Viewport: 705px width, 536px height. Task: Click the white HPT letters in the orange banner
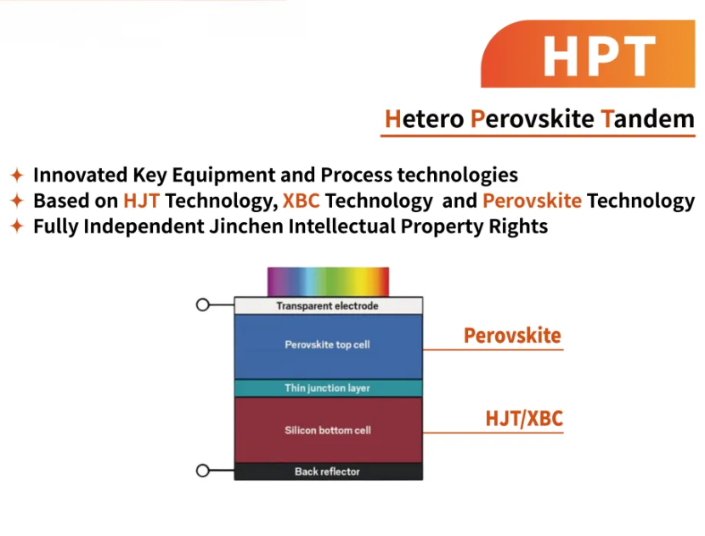(599, 56)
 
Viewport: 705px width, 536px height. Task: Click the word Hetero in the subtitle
(425, 119)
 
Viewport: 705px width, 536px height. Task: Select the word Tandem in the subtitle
(647, 119)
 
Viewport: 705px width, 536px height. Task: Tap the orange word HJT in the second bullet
(141, 201)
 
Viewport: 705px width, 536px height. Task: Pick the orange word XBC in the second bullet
(302, 201)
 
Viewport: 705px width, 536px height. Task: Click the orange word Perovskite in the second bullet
(532, 201)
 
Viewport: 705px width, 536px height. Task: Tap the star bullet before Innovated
(17, 175)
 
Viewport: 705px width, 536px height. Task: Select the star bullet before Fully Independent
(17, 226)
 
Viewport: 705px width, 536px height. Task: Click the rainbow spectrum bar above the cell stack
(328, 282)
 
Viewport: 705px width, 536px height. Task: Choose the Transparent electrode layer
(328, 305)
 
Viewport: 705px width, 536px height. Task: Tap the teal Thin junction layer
(328, 388)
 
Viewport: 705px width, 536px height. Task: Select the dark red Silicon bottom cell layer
(328, 430)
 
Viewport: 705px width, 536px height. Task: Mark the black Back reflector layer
(328, 472)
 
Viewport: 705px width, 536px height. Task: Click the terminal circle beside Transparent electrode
(203, 304)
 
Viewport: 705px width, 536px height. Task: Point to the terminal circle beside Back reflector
(203, 471)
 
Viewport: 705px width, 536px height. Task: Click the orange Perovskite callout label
(512, 336)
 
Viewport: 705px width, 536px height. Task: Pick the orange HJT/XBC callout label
(524, 418)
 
